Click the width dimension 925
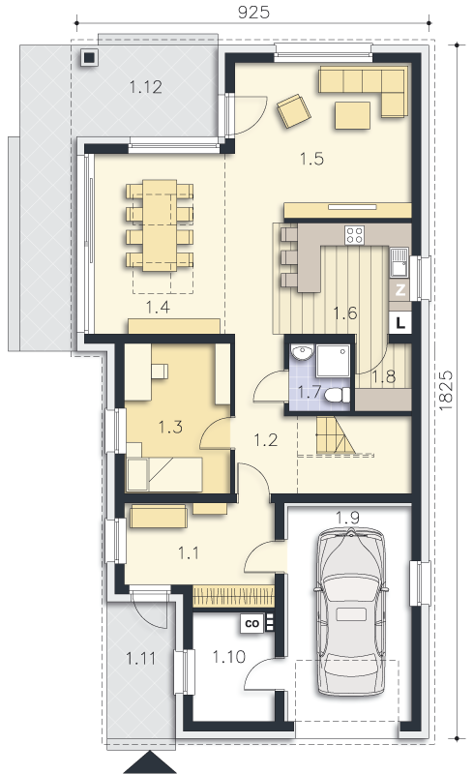[x=253, y=12]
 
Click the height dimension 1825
[x=445, y=391]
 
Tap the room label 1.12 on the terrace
[x=146, y=87]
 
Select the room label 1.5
[x=312, y=159]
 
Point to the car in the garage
[x=350, y=612]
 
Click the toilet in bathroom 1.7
[x=339, y=395]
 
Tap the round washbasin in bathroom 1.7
[x=302, y=352]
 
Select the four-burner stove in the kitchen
[x=354, y=235]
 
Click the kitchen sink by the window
[x=399, y=261]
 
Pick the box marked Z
[x=399, y=290]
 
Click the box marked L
[x=400, y=323]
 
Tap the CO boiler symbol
[x=252, y=623]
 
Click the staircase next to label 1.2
[x=335, y=434]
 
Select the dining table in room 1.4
[x=160, y=225]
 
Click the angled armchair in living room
[x=294, y=111]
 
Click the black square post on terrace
[x=89, y=58]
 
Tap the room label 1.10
[x=229, y=657]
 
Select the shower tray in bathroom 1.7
[x=334, y=361]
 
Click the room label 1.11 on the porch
[x=140, y=659]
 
